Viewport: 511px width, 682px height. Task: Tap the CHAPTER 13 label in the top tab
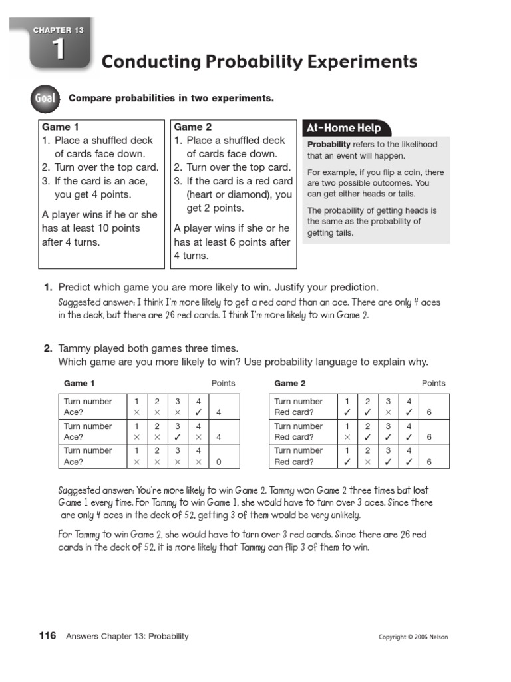(60, 30)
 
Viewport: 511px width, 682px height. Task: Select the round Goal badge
(45, 99)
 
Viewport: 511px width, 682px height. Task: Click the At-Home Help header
(343, 128)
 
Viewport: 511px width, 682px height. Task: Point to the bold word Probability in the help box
(329, 145)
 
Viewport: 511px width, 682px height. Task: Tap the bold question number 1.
(48, 288)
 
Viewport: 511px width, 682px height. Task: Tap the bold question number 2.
(48, 348)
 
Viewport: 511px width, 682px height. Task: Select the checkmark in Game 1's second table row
(178, 438)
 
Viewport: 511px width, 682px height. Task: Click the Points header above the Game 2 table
(434, 384)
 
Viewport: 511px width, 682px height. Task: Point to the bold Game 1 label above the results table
(79, 384)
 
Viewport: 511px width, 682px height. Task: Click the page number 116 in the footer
(47, 636)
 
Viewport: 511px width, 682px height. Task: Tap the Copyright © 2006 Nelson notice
(413, 637)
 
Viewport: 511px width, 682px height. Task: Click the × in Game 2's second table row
(347, 438)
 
